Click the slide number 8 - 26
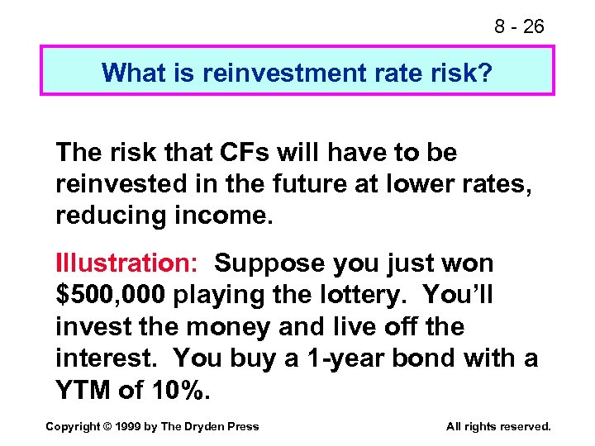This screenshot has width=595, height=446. pyautogui.click(x=519, y=26)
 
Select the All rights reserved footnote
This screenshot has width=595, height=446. pyautogui.click(x=497, y=426)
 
